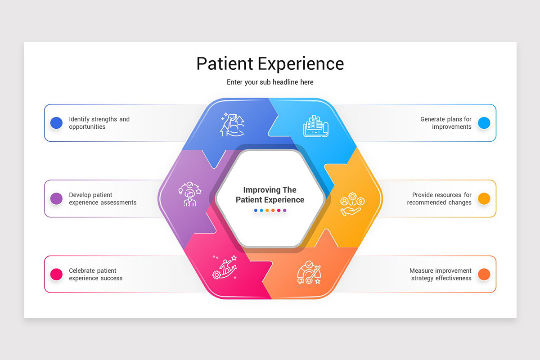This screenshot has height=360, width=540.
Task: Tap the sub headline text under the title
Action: coord(270,82)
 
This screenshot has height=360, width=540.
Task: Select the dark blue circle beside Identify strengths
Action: coord(56,123)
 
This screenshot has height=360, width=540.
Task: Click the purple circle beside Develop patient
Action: coord(56,198)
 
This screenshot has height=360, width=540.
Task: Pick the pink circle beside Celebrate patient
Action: coord(56,274)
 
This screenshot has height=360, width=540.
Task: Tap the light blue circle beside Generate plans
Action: coord(484,123)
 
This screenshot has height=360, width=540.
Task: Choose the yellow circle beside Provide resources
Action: coord(484,198)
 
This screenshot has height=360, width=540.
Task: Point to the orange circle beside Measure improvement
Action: coord(484,274)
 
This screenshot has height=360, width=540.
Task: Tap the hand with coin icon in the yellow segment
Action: coord(352,205)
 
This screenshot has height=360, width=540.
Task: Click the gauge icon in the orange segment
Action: coord(309,273)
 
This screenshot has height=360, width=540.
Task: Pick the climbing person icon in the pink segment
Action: coord(225,267)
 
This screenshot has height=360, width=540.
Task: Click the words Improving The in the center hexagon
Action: coord(270,190)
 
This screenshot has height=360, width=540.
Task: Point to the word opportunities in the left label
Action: coord(87,127)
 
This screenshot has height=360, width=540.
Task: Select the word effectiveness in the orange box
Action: coord(451,278)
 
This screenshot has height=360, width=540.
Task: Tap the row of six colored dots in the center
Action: coord(270,210)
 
